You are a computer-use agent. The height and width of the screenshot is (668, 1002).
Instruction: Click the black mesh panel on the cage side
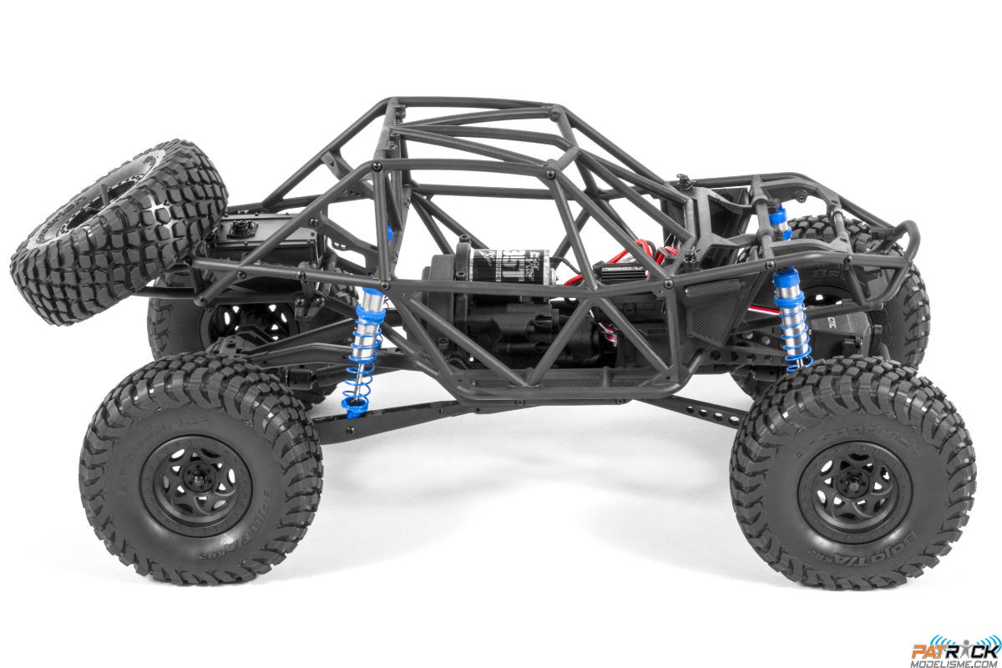click(x=713, y=312)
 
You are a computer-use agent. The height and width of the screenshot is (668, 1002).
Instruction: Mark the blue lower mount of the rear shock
click(x=353, y=404)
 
